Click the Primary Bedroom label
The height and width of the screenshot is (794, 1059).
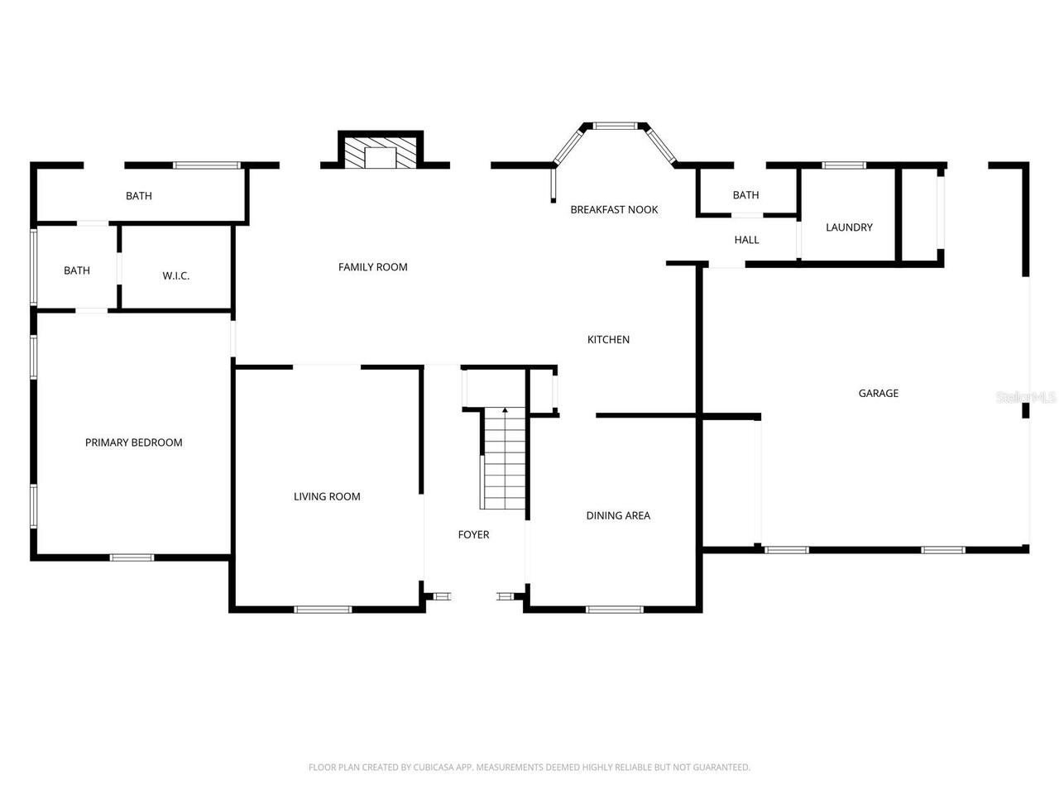(133, 442)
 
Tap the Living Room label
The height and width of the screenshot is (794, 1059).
(327, 496)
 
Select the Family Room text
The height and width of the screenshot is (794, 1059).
(372, 267)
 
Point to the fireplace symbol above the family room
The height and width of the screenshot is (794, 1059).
(381, 153)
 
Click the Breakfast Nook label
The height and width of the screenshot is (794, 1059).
(614, 210)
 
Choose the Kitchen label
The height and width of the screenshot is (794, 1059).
(608, 340)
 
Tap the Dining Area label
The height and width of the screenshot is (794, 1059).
(618, 515)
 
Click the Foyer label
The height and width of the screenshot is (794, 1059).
(473, 535)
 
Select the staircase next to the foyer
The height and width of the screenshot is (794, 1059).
(504, 459)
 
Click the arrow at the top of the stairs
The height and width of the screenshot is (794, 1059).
(505, 411)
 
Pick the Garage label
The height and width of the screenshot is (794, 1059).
(878, 394)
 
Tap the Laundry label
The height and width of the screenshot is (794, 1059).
(849, 227)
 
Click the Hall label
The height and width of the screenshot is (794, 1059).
(746, 240)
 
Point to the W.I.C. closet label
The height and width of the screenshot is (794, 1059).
(175, 275)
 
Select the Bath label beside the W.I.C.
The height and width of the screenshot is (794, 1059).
(77, 270)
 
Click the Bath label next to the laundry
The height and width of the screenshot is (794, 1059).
(745, 195)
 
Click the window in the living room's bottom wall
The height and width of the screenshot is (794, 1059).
(323, 610)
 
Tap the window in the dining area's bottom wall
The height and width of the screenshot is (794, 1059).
(614, 610)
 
